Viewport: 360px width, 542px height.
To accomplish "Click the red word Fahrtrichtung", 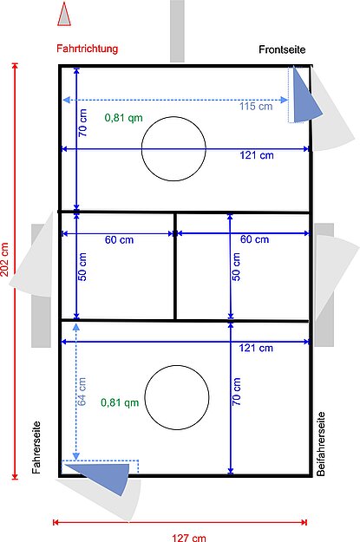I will pos(87,49).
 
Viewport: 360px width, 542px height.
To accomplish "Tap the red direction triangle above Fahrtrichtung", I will pos(63,14).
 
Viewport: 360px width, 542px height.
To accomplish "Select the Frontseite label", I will pos(282,50).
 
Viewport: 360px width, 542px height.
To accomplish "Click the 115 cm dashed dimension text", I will pos(255,107).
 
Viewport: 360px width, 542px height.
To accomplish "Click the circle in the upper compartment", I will pos(173,149).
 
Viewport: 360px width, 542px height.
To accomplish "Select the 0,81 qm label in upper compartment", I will pos(123,117).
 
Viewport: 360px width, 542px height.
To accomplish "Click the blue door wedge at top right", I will pos(304,95).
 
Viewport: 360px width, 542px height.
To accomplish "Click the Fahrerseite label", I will pos(36,447).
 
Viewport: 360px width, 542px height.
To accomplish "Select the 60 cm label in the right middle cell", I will pos(254,239).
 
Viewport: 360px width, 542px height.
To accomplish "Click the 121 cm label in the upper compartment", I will pos(257,155).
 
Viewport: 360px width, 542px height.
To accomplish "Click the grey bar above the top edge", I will pos(177,30).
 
